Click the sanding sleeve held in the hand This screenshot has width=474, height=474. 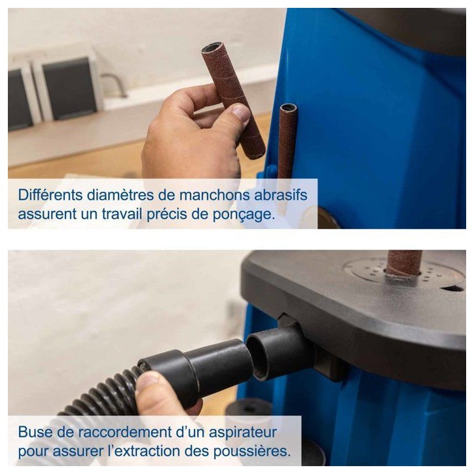click(233, 100)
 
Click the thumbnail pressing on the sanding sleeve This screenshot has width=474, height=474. click(241, 112)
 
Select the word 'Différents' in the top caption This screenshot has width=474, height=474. click(50, 195)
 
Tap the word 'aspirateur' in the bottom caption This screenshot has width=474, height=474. click(243, 433)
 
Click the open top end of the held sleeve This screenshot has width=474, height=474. click(211, 48)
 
